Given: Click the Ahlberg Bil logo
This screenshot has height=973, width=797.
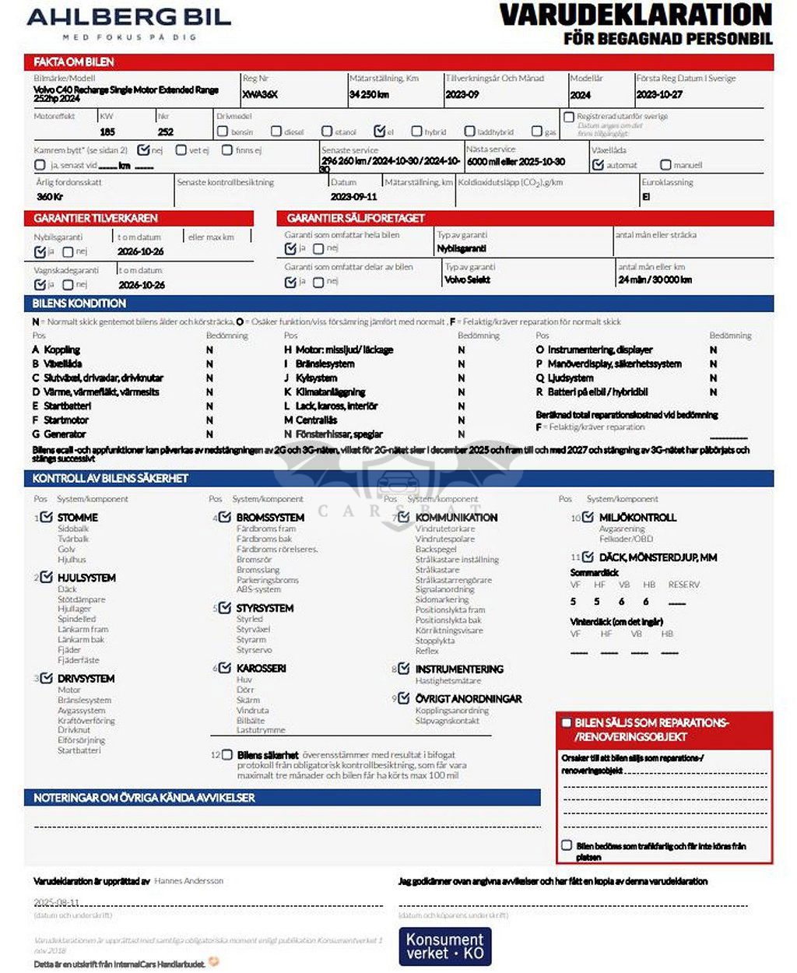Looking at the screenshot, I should (x=128, y=23).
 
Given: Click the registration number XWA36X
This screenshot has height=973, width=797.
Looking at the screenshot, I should (x=260, y=94).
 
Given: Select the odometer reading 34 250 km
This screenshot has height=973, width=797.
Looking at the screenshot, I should (x=369, y=94).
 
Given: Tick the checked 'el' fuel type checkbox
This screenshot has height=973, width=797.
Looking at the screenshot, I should (x=379, y=131).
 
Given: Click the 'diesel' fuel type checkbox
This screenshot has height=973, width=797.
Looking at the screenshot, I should (x=276, y=132).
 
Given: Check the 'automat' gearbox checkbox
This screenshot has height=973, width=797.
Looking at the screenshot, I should (x=598, y=165).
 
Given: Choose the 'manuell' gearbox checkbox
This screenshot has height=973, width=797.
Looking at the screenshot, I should (x=665, y=165).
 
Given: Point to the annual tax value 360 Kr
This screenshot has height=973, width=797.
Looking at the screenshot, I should (x=50, y=196).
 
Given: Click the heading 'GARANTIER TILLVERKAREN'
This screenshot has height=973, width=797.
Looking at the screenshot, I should (x=96, y=218).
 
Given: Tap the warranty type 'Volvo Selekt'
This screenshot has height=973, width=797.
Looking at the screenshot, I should (x=467, y=279).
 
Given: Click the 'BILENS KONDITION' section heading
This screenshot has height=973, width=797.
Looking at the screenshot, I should (x=79, y=304).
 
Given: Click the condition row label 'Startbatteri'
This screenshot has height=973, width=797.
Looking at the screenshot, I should (x=67, y=406).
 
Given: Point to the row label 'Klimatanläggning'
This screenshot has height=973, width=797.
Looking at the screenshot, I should (x=330, y=392).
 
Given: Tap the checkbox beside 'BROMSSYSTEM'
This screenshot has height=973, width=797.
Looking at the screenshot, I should (x=225, y=517).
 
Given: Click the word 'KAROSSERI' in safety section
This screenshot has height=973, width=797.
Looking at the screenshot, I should (x=261, y=668).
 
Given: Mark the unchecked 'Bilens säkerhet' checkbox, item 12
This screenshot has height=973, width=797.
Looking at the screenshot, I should (x=226, y=754).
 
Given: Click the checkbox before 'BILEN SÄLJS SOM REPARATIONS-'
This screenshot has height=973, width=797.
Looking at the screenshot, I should (x=567, y=722).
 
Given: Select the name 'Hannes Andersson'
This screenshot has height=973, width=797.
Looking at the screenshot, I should (x=188, y=881).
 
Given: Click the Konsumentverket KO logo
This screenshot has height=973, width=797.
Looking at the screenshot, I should (x=444, y=946).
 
